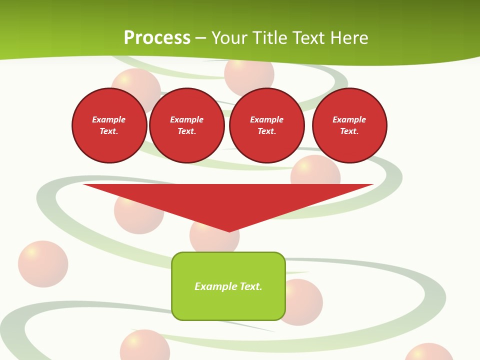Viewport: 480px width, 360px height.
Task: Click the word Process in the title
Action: click(x=157, y=38)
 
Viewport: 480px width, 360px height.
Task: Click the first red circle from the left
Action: click(x=109, y=125)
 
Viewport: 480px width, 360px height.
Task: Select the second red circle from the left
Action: click(x=187, y=125)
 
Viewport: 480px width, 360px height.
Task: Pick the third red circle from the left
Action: click(x=267, y=125)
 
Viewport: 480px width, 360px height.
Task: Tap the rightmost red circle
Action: click(x=349, y=125)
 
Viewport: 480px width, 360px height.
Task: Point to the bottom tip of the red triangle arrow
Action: click(x=229, y=231)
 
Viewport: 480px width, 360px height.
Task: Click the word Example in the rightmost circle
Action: click(x=349, y=119)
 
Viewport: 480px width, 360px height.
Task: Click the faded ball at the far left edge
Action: click(x=43, y=264)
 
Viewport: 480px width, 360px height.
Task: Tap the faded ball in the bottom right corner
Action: click(x=428, y=353)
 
